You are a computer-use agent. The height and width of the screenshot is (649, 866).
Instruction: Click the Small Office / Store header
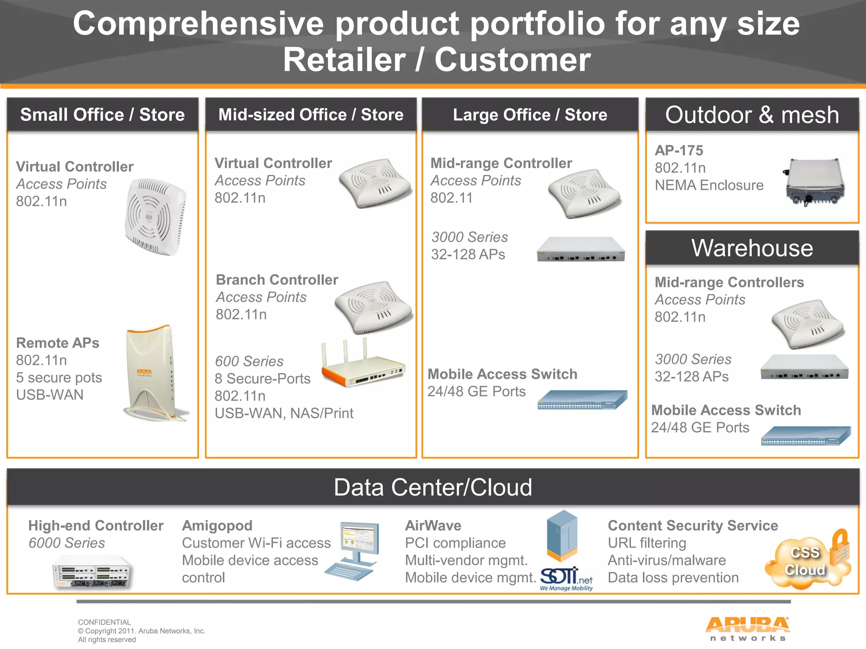[x=102, y=115]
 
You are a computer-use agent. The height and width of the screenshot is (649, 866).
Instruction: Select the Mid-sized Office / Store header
[x=311, y=115]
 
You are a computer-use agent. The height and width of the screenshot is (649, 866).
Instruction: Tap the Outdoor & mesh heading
[x=752, y=115]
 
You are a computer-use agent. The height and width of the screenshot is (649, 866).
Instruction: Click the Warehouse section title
[x=752, y=248]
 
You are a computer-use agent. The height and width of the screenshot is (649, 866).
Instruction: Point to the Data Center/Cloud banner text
[x=433, y=487]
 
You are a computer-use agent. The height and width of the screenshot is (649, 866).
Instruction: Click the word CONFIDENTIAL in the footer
[x=104, y=622]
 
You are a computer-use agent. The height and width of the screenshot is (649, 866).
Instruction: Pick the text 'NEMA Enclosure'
[x=709, y=185]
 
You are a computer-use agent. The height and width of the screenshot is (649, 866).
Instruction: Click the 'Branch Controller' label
[x=277, y=280]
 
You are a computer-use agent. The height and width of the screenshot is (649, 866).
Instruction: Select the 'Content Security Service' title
[x=693, y=525]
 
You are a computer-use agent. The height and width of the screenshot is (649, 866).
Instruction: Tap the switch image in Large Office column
[x=582, y=400]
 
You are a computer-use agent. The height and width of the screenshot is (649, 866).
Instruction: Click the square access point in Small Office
[x=155, y=217]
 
